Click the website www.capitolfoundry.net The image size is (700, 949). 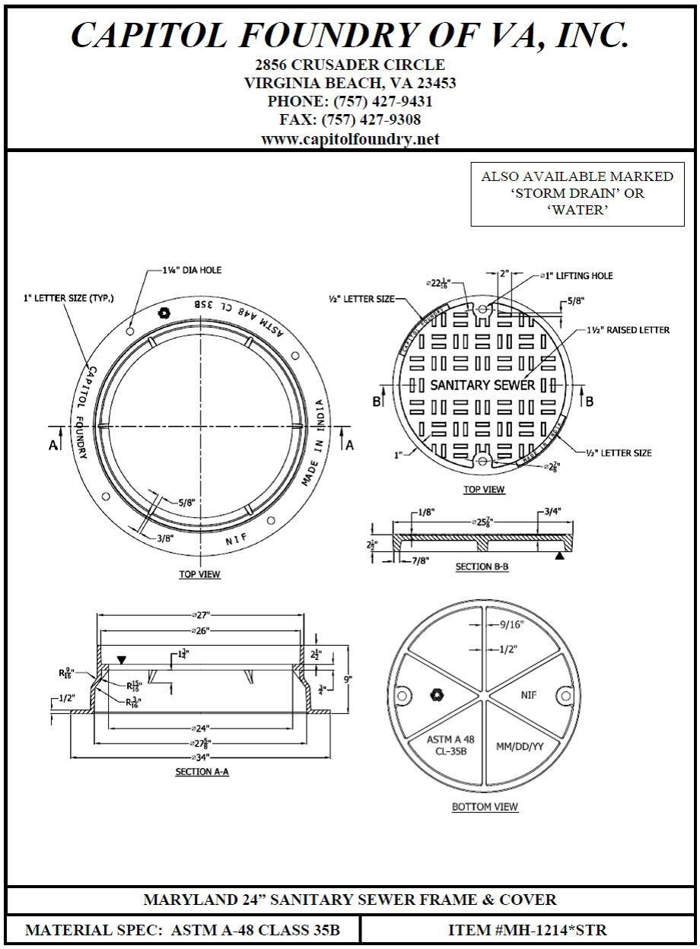click(350, 139)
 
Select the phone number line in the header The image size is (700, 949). click(350, 101)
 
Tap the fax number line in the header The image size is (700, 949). click(350, 120)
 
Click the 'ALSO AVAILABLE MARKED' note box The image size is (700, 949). click(577, 193)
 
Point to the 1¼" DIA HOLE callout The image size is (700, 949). click(192, 270)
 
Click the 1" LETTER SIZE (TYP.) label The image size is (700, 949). click(68, 299)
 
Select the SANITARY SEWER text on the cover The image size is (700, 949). click(482, 385)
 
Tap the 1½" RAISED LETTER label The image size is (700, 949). click(628, 330)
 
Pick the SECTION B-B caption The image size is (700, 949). click(482, 567)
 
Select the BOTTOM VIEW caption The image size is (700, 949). click(485, 807)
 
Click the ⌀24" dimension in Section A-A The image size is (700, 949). click(201, 728)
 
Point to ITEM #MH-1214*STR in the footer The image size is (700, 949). click(527, 930)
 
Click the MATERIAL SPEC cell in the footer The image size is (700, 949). click(183, 930)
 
